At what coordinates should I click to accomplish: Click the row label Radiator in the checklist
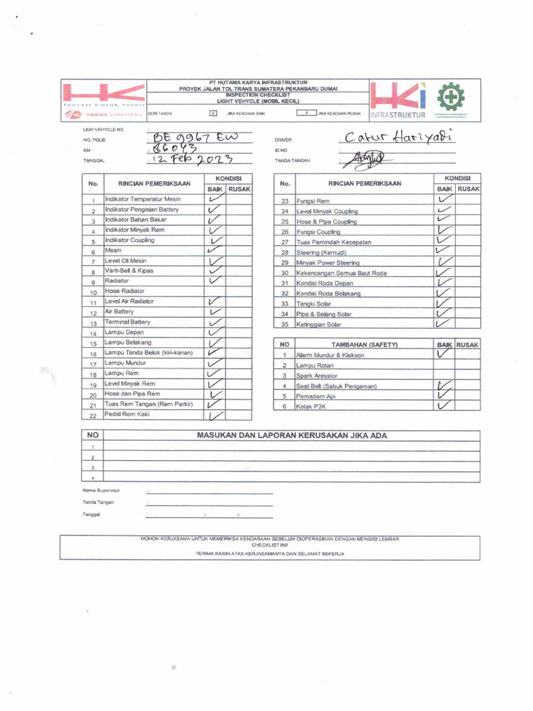[117, 281]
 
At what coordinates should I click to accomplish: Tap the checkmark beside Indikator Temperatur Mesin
[215, 199]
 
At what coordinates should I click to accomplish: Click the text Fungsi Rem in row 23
[313, 201]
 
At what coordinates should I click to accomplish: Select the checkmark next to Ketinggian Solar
[443, 323]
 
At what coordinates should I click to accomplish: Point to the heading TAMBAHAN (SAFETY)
[364, 344]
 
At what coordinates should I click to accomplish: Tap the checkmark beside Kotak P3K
[443, 405]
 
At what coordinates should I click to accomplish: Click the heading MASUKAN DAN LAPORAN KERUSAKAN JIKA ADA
[292, 435]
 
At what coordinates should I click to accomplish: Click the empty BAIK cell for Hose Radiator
[215, 292]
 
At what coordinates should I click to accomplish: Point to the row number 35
[284, 324]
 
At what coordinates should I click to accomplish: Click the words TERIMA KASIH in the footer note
[213, 553]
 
